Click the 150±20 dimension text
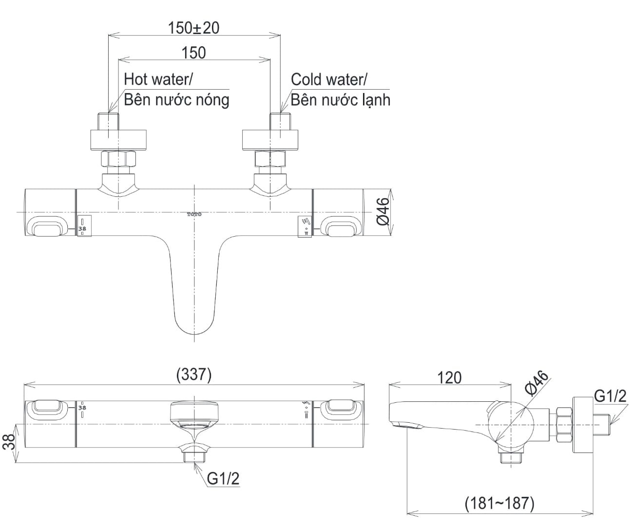pos(194,28)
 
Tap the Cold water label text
pos(329,79)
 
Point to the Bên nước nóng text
pos(176,100)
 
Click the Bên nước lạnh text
pos(341,100)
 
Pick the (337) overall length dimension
pos(193,375)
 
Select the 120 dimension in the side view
pos(449,377)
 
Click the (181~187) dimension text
pos(499,502)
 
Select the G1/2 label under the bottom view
pos(223,479)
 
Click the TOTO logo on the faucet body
pos(194,214)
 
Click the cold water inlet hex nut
pos(270,159)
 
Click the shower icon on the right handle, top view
pos(306,222)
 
